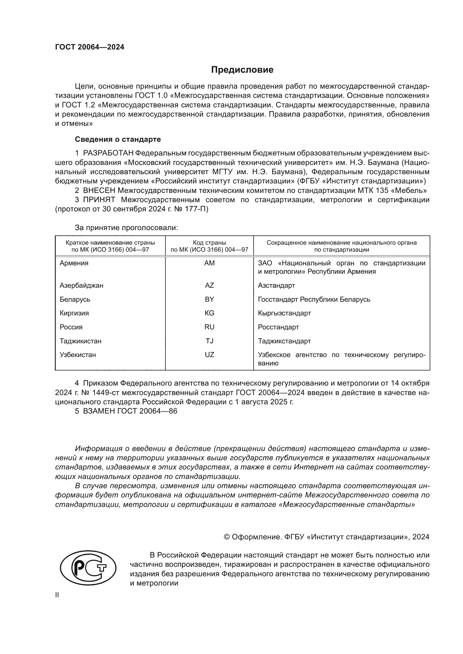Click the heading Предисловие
coord(242,70)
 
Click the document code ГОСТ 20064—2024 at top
coord(90,47)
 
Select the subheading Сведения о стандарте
coord(118,139)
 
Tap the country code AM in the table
coord(209,263)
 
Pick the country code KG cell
coord(209,313)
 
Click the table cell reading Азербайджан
coord(81,285)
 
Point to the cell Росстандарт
coord(278,327)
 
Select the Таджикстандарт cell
coord(284,341)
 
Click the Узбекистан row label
coord(78,355)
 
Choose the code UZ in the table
coord(209,355)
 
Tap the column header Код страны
coord(209,243)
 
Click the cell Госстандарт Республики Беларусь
coord(314,299)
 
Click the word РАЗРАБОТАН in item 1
coord(108,153)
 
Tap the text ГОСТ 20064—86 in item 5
coord(147,411)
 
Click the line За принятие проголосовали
coord(126,228)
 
